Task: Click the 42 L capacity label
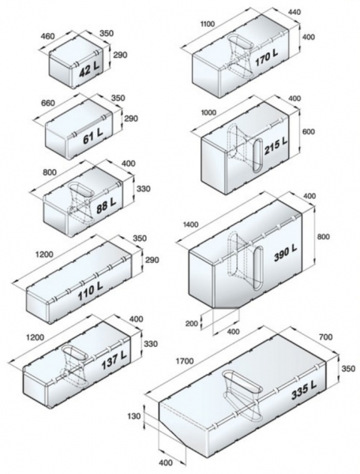tap(89, 71)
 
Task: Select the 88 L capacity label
tap(106, 206)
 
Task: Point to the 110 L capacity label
tap(91, 292)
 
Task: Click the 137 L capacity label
tap(114, 360)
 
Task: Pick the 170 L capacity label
tap(266, 58)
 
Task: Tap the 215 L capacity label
tap(276, 145)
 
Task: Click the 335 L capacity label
tap(303, 390)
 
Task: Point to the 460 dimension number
tap(47, 36)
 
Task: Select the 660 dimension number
tap(48, 103)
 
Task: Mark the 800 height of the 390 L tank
tap(324, 236)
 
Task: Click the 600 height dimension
tap(308, 131)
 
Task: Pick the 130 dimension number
tap(133, 416)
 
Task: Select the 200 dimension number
tap(192, 324)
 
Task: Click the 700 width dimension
tap(325, 337)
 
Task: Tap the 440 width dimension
tap(294, 12)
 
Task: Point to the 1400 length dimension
tap(190, 224)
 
